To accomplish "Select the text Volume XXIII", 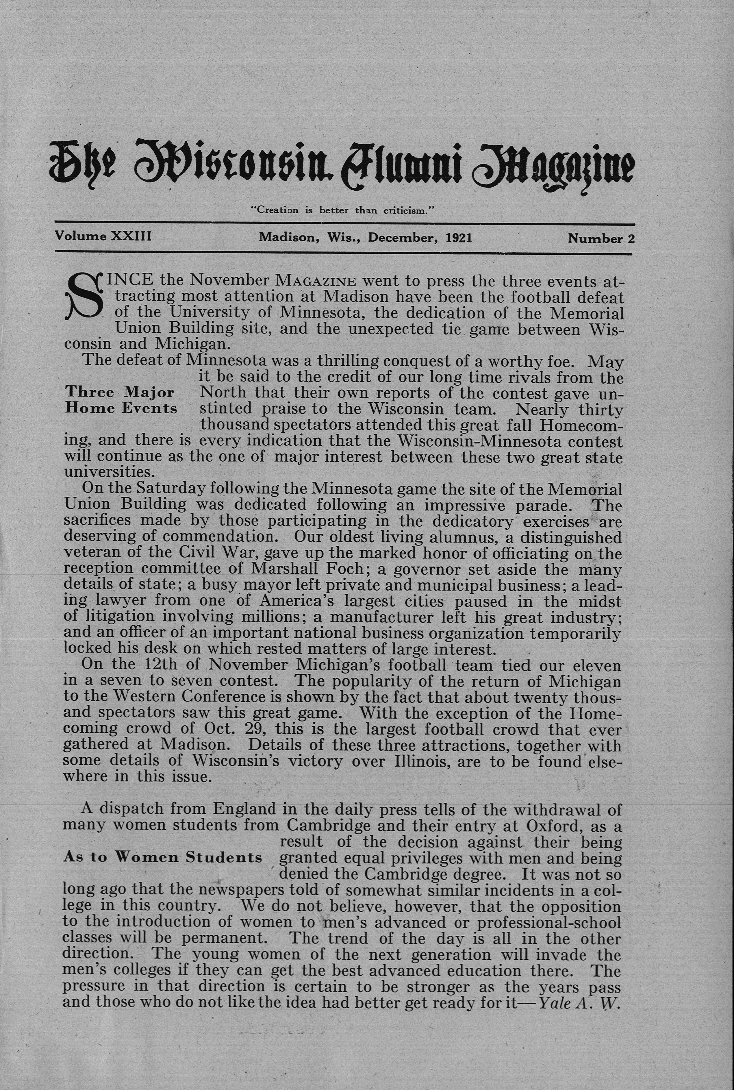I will (x=103, y=236).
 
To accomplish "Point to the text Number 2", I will (x=601, y=238).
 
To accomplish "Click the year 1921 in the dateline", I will (x=459, y=237).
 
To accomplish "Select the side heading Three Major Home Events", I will (x=121, y=399).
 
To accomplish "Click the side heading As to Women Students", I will (x=162, y=857).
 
